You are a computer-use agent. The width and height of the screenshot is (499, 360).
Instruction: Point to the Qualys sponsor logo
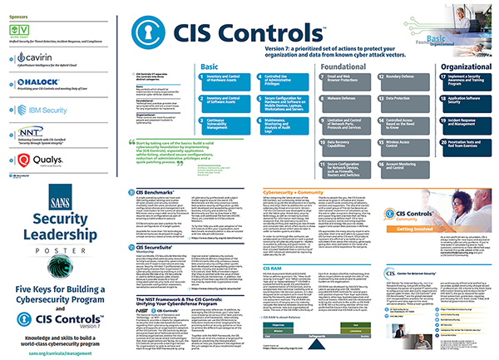[x=33, y=159]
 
